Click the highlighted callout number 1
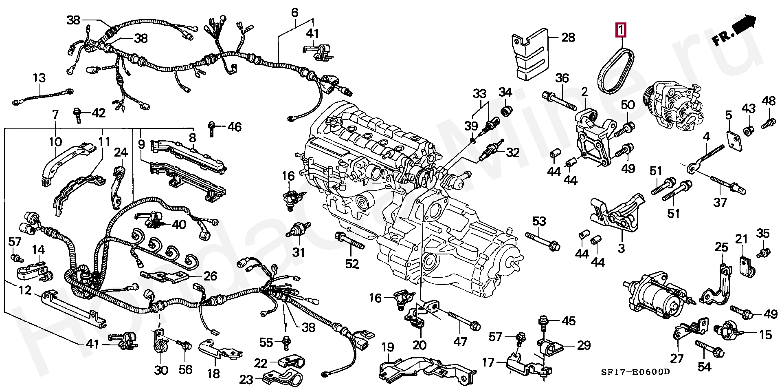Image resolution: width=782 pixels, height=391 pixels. coord(621,30)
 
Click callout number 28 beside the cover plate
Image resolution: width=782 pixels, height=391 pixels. coord(568,38)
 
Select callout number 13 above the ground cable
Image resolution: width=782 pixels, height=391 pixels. coord(40,78)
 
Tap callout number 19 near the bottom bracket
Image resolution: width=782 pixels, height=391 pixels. coord(387,348)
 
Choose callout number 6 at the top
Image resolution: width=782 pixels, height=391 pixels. coord(294,13)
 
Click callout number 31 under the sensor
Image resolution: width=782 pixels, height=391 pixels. coord(299,253)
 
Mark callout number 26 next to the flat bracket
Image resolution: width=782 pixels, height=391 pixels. coord(210,276)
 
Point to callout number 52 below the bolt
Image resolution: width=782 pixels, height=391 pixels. coord(352,264)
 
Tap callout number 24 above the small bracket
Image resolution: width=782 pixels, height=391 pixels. coord(121,153)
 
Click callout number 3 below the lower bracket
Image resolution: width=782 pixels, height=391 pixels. coord(621,247)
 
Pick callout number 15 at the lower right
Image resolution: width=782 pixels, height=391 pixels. coord(765,335)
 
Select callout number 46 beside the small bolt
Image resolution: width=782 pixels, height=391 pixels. coord(234,127)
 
